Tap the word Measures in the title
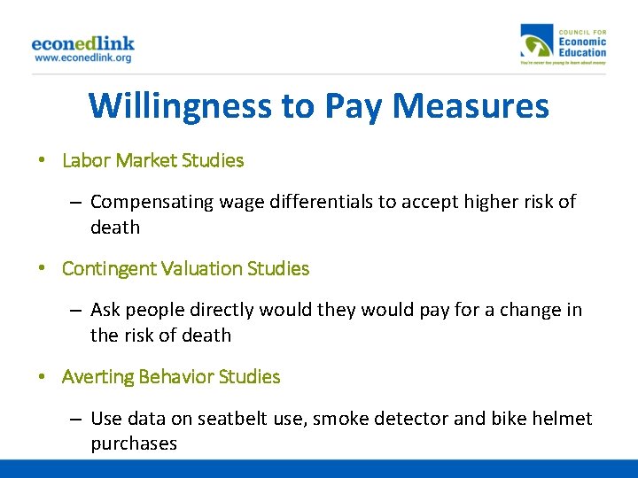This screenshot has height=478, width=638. [471, 106]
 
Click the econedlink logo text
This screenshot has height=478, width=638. [82, 42]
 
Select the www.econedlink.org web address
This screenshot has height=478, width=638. [82, 58]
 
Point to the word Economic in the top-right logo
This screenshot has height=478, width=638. [582, 41]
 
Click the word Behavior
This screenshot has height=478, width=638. [173, 376]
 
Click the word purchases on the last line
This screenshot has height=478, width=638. [134, 443]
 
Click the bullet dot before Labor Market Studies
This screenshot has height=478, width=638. [42, 161]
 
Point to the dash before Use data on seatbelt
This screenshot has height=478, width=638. [76, 418]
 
